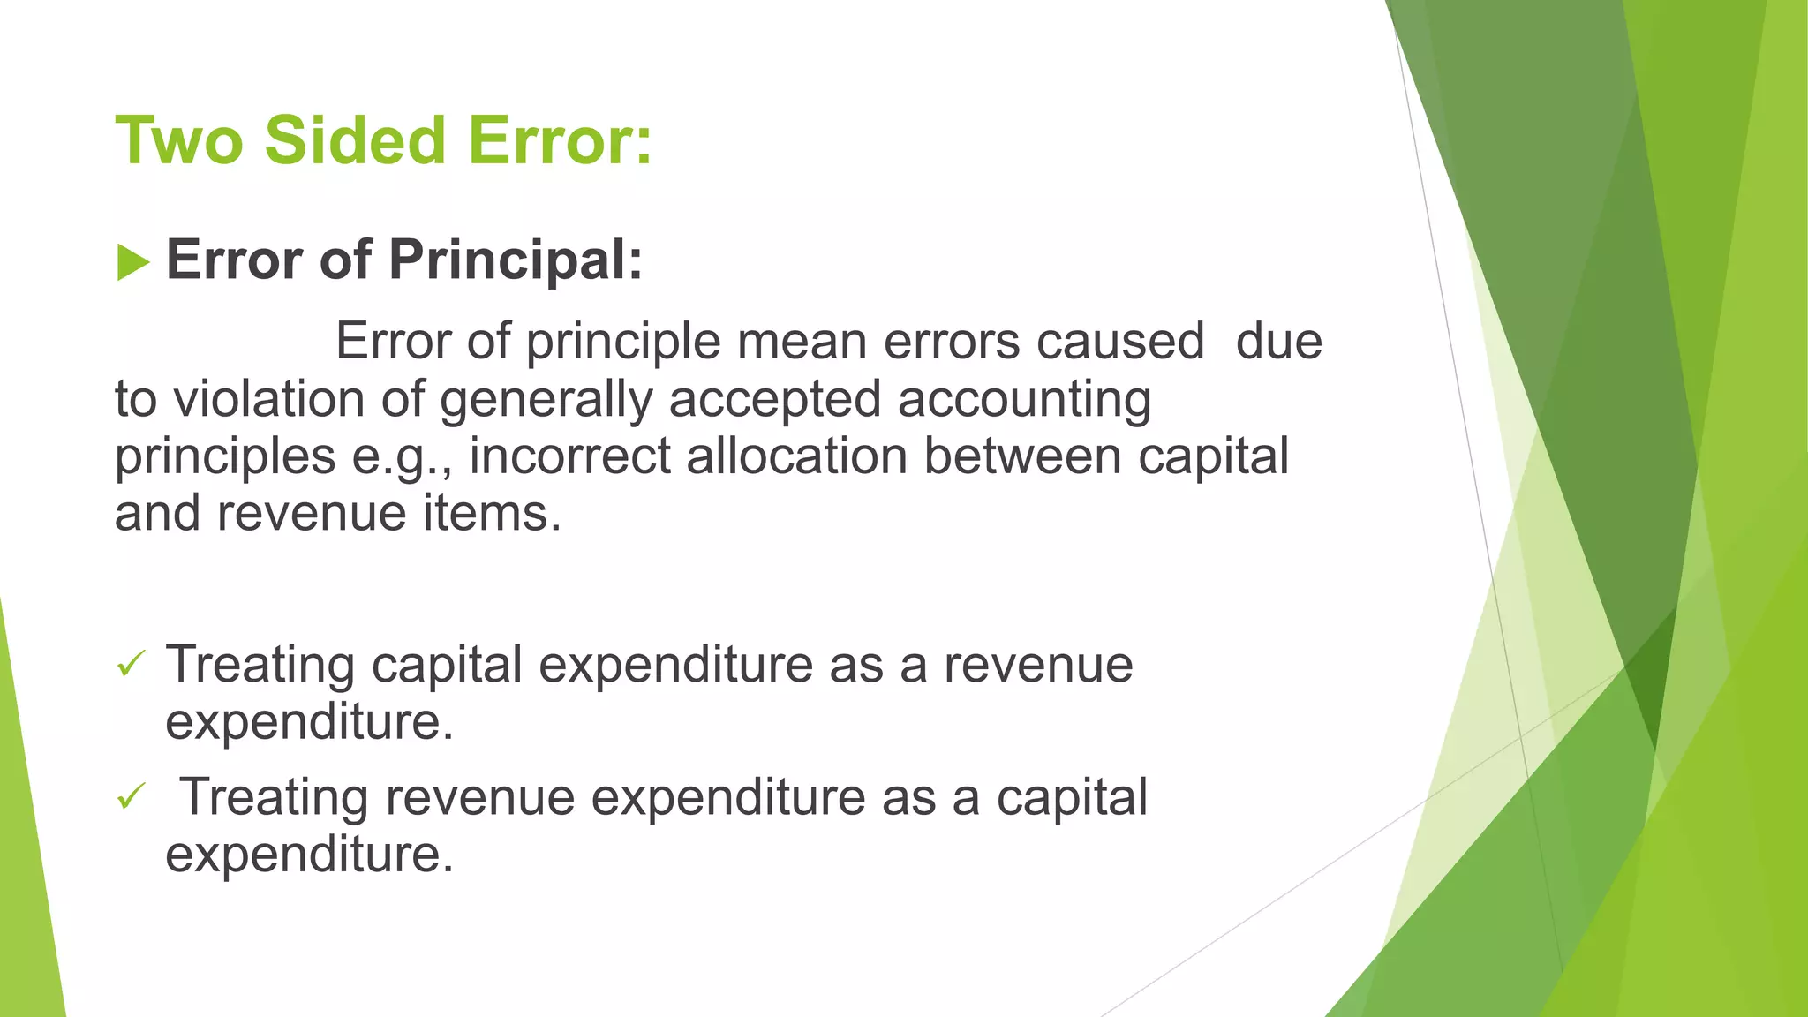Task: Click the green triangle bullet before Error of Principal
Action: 132,262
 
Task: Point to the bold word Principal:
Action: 516,260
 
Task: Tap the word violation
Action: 268,399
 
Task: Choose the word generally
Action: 546,401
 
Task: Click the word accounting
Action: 1024,401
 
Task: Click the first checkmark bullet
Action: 131,664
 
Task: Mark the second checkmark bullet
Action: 131,797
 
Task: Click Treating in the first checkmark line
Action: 260,665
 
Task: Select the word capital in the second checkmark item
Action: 1072,797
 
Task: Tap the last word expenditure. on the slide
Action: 309,855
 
